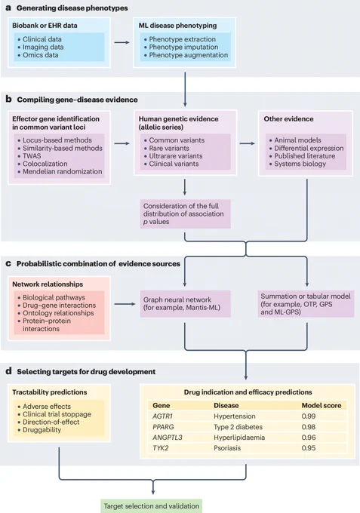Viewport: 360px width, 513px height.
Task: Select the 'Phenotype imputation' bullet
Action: [183, 47]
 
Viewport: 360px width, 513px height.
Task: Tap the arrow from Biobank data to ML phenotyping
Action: [122, 42]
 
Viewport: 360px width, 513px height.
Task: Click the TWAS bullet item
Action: [32, 155]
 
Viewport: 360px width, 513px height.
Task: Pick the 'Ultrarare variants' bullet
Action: [176, 155]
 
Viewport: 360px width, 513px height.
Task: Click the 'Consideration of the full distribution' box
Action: [185, 213]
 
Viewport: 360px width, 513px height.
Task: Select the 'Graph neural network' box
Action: [185, 304]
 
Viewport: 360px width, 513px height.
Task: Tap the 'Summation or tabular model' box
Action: [306, 304]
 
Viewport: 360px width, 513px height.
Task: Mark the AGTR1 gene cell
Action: [162, 416]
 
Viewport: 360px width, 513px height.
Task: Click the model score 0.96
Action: [309, 438]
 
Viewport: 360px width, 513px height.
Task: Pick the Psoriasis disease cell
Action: [227, 448]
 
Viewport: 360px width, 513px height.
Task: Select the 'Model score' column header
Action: [322, 405]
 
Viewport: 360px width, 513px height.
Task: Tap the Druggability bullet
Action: [42, 430]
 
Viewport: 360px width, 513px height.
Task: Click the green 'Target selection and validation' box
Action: [151, 505]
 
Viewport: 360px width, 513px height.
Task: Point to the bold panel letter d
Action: [9, 371]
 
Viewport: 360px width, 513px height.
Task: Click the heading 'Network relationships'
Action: [48, 284]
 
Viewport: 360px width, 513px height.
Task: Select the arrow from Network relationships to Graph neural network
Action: [125, 304]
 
